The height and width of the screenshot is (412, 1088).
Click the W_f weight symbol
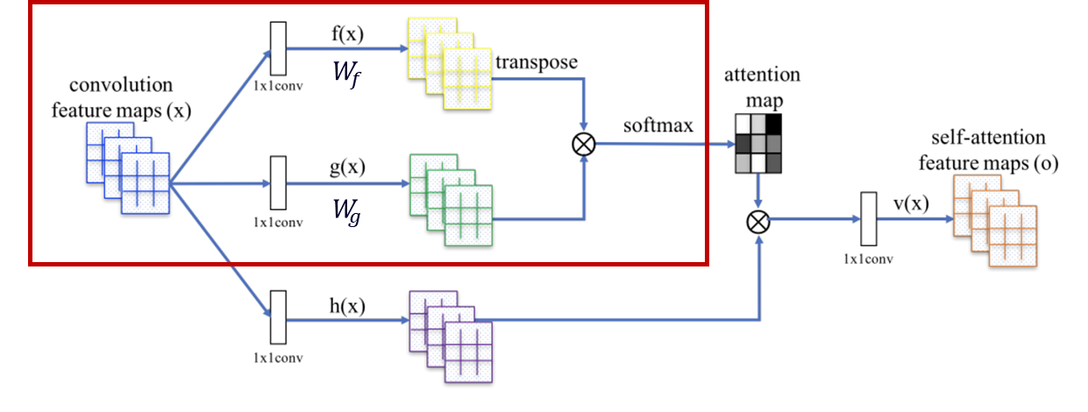(345, 72)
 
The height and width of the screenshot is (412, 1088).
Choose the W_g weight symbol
(345, 211)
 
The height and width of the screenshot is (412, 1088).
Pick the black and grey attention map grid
(758, 145)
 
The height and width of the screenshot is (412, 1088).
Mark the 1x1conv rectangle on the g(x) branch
(279, 184)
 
